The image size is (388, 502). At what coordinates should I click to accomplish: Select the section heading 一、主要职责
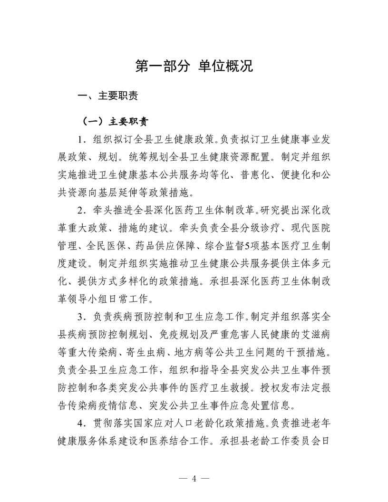point(108,96)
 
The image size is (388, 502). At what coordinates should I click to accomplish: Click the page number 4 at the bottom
point(194,478)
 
